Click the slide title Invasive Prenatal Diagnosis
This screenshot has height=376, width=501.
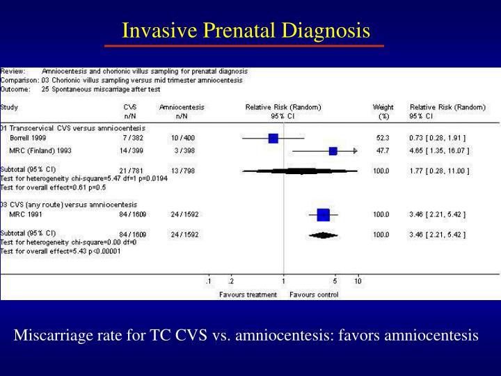pyautogui.click(x=246, y=31)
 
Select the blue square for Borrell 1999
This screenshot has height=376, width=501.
pyautogui.click(x=273, y=139)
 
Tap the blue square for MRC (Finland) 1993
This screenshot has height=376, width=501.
pyautogui.click(x=333, y=151)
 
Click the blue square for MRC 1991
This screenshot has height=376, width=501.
pyautogui.click(x=323, y=214)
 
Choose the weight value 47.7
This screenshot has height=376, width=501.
pyautogui.click(x=382, y=151)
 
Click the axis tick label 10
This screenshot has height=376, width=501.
pyautogui.click(x=358, y=281)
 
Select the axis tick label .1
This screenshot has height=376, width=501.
pyautogui.click(x=208, y=281)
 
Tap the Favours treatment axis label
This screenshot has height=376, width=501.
pyautogui.click(x=248, y=295)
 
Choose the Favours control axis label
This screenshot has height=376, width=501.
pyautogui.click(x=314, y=295)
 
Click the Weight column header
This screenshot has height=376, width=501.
pyautogui.click(x=383, y=107)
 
